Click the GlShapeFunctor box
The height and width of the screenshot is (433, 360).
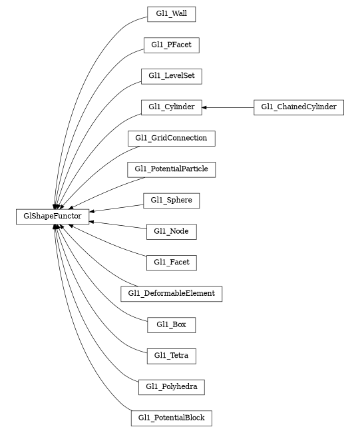53,216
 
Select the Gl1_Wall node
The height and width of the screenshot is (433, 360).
171,14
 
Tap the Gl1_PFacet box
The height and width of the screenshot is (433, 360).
171,45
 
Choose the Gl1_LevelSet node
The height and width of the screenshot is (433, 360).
171,76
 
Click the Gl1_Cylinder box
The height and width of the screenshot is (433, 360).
171,107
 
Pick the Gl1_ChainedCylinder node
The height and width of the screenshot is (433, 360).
298,107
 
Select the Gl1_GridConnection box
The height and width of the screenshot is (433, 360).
171,139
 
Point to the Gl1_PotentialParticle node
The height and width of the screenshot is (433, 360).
171,169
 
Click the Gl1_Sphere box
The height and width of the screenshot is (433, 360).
171,201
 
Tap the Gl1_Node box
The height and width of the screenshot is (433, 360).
171,231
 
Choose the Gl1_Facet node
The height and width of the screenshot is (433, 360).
171,262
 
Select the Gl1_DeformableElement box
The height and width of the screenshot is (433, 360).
171,294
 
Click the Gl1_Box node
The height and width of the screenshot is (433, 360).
171,325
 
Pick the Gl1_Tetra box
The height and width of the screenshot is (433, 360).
171,356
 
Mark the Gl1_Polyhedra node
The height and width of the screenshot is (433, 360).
171,387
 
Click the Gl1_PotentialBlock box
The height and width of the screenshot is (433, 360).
171,418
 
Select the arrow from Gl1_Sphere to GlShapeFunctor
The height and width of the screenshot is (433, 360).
117,208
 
